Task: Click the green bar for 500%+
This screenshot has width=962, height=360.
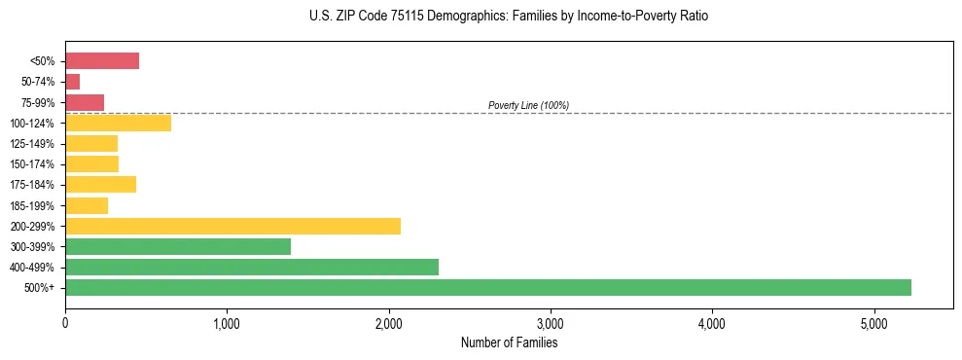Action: click(x=487, y=288)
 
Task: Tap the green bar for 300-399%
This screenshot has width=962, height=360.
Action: click(x=178, y=247)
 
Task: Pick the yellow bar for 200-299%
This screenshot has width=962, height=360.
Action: click(x=232, y=227)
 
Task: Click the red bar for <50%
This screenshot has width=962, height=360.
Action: click(x=102, y=61)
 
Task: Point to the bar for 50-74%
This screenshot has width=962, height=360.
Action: click(x=73, y=82)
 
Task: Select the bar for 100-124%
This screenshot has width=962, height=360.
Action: click(x=118, y=123)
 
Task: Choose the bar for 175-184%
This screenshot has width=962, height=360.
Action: click(x=100, y=185)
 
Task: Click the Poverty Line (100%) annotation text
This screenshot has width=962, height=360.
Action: click(x=528, y=105)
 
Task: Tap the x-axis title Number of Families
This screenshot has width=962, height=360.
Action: click(x=509, y=342)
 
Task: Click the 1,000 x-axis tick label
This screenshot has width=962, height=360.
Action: click(x=227, y=322)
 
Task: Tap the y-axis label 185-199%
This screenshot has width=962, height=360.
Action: click(x=32, y=206)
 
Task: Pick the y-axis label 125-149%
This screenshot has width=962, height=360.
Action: click(x=32, y=144)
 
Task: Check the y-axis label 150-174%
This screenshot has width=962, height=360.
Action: click(x=32, y=164)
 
